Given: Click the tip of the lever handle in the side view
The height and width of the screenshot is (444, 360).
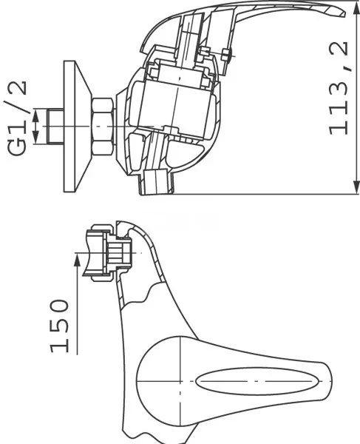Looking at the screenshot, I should click(x=341, y=12).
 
